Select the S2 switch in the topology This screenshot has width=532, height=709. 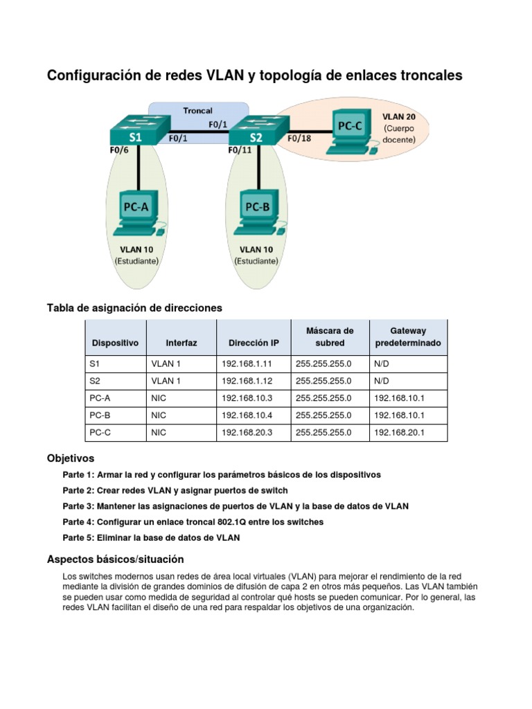[256, 132]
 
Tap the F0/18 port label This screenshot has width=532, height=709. [299, 138]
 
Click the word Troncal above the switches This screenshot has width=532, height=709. [197, 110]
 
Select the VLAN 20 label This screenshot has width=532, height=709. [399, 116]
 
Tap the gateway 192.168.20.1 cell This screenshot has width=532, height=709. [398, 432]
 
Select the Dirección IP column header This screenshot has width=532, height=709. [254, 343]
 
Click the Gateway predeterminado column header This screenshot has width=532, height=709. [408, 337]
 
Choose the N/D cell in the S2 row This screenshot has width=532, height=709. [382, 380]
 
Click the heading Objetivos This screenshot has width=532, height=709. [71, 458]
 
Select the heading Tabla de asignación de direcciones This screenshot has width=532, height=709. [134, 307]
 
